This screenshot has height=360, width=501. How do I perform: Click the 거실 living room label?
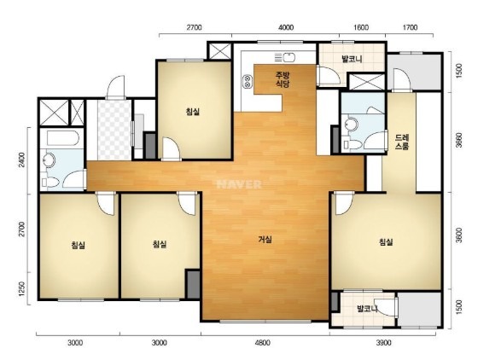tap(265, 239)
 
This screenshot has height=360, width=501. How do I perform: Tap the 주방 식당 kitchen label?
tap(283, 79)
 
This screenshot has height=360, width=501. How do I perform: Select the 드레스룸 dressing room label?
tap(402, 142)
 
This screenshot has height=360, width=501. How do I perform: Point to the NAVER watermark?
tap(239, 184)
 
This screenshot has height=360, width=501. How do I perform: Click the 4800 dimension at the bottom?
tap(262, 343)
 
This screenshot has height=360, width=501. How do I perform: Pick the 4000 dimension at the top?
tap(286, 27)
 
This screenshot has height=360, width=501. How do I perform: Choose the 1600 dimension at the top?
tap(361, 27)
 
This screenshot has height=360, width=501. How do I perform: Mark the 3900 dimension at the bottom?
tap(383, 343)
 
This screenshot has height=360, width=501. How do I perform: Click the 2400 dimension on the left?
tap(21, 160)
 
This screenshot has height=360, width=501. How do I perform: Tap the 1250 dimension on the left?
tap(21, 288)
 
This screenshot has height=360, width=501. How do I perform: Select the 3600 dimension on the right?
tap(459, 235)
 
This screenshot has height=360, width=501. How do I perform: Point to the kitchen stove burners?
tap(248, 81)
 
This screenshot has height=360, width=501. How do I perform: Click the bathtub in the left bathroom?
tap(63, 138)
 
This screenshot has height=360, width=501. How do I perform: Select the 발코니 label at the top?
tap(352, 59)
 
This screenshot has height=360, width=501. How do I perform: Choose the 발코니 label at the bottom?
tap(368, 309)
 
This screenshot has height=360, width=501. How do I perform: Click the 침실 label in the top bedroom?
tap(193, 112)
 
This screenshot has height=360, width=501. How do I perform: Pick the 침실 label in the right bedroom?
tap(386, 242)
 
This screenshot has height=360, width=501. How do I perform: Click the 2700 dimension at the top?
tap(195, 27)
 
